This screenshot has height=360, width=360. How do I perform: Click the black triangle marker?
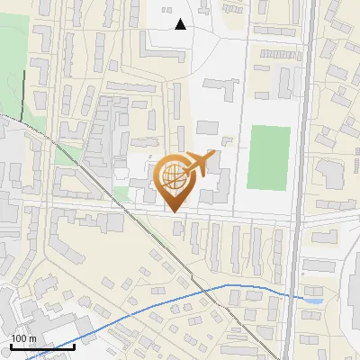[x=181, y=24]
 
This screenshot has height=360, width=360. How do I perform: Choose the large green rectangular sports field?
[x=269, y=157]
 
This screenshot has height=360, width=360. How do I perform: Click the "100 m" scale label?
[x=23, y=338]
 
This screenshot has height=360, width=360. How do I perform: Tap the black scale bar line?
[x=42, y=346]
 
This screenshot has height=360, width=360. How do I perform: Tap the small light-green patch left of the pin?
[x=121, y=193]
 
